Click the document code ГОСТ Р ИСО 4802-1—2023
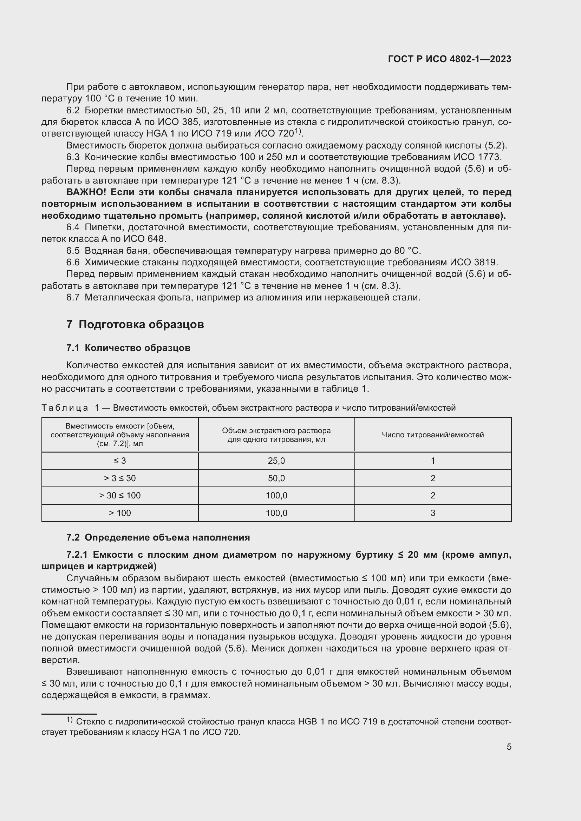point(449,59)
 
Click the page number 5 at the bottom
point(509,747)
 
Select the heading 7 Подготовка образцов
point(135,324)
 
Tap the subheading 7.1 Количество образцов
point(128,348)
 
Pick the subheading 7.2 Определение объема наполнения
point(158,537)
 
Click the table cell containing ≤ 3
point(120,461)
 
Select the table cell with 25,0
point(276,461)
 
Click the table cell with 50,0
point(276,478)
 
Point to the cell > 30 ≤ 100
point(120,496)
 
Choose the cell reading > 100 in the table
point(120,513)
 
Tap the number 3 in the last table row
point(432,513)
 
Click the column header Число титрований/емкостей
point(432,435)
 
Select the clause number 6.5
point(73,251)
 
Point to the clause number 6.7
point(73,298)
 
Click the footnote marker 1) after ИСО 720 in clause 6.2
point(298,132)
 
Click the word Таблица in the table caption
point(65,408)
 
